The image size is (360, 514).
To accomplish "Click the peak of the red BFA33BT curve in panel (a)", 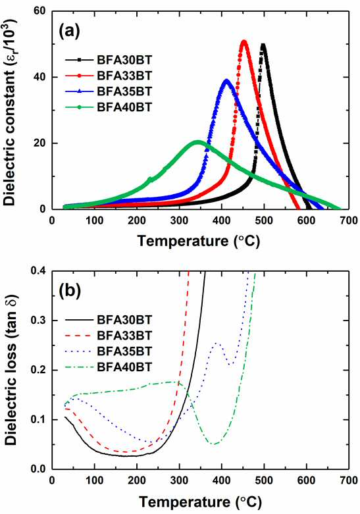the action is [244, 41].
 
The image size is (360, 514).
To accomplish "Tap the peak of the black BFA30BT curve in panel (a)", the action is [263, 44].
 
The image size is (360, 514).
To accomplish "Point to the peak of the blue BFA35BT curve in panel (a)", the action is [226, 80].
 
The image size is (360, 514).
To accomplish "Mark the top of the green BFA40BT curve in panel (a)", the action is [197, 141].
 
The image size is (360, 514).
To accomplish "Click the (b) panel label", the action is [69, 291].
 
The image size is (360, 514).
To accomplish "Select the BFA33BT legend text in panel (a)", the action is [124, 76].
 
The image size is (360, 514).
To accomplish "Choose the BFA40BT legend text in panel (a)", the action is [124, 107].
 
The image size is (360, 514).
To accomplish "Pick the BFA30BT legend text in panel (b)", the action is [124, 320].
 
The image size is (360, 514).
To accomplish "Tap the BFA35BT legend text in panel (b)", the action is [124, 351].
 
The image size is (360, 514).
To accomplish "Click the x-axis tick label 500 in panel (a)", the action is [264, 220].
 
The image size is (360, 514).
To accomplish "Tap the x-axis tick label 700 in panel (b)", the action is [349, 480].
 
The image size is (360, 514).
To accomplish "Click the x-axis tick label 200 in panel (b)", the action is [137, 480].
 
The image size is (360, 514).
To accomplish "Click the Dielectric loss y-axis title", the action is [11, 369].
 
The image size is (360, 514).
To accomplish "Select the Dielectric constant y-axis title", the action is [11, 113].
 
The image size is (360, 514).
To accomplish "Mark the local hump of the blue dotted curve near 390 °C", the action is [216, 343].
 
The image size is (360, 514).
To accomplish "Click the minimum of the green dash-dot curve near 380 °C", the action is [215, 444].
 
